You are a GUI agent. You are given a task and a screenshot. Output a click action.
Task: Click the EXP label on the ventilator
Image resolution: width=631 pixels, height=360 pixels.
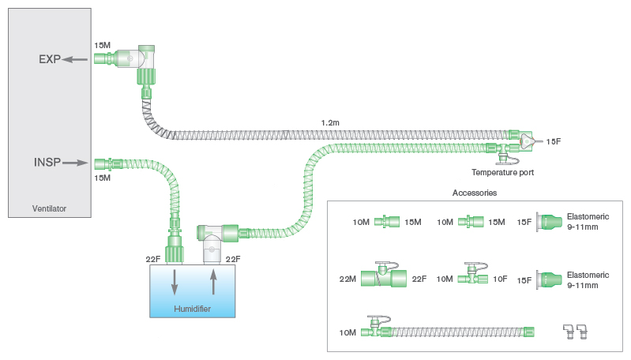point(49,59)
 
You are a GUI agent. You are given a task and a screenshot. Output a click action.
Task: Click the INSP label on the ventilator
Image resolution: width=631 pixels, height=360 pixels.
point(47,163)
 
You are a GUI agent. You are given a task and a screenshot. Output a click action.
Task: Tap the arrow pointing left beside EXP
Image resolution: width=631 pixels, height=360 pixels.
point(76,59)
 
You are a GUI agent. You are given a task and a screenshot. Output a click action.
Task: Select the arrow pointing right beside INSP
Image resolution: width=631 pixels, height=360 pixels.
point(75,163)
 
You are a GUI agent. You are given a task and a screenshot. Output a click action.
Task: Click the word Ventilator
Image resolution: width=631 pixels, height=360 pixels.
point(48,209)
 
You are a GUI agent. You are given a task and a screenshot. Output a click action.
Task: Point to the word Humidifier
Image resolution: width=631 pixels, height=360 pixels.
point(192,308)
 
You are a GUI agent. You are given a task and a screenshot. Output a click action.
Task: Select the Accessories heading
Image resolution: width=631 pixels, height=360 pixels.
point(474,192)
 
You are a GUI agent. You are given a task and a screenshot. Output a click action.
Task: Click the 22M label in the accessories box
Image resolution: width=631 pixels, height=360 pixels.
point(348,279)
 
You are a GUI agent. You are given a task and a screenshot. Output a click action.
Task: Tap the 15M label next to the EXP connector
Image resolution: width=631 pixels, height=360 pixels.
point(103,46)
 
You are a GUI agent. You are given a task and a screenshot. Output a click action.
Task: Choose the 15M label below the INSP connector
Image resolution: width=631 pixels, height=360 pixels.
point(103,178)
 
